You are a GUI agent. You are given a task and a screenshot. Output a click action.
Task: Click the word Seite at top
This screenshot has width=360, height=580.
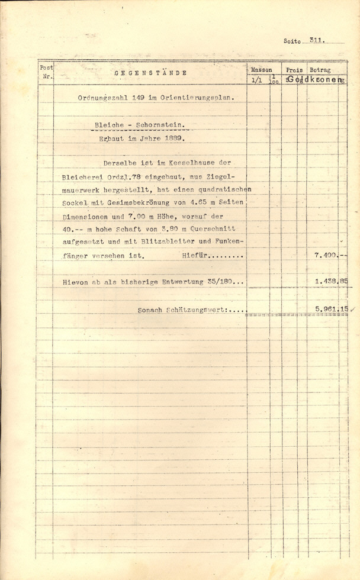click(292, 42)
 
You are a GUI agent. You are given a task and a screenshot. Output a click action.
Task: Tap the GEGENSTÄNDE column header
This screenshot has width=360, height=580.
click(150, 73)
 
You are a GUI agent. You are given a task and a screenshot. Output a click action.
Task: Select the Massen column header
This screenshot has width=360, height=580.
click(261, 70)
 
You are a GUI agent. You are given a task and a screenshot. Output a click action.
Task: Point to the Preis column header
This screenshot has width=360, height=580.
click(294, 70)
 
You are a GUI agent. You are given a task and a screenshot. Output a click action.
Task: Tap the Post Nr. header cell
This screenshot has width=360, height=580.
click(46, 72)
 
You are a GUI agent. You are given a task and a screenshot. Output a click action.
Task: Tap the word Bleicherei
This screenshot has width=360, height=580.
click(81, 176)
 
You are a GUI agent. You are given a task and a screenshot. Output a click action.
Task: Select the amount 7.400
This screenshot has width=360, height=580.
click(326, 255)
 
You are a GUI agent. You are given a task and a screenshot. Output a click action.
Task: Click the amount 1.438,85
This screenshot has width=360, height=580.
click(330, 282)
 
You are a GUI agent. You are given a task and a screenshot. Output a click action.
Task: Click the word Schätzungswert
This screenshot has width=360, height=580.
click(192, 310)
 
